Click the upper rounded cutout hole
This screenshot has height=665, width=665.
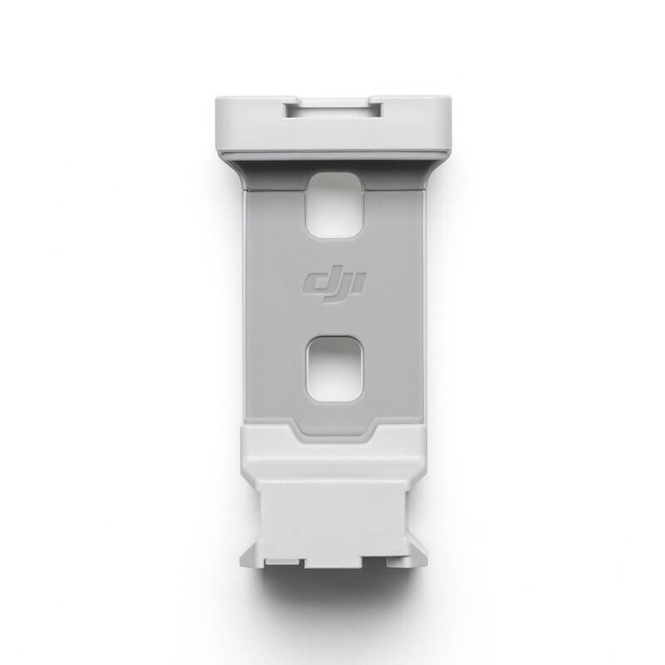click(332, 204)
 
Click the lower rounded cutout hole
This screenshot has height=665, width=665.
click(332, 367)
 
